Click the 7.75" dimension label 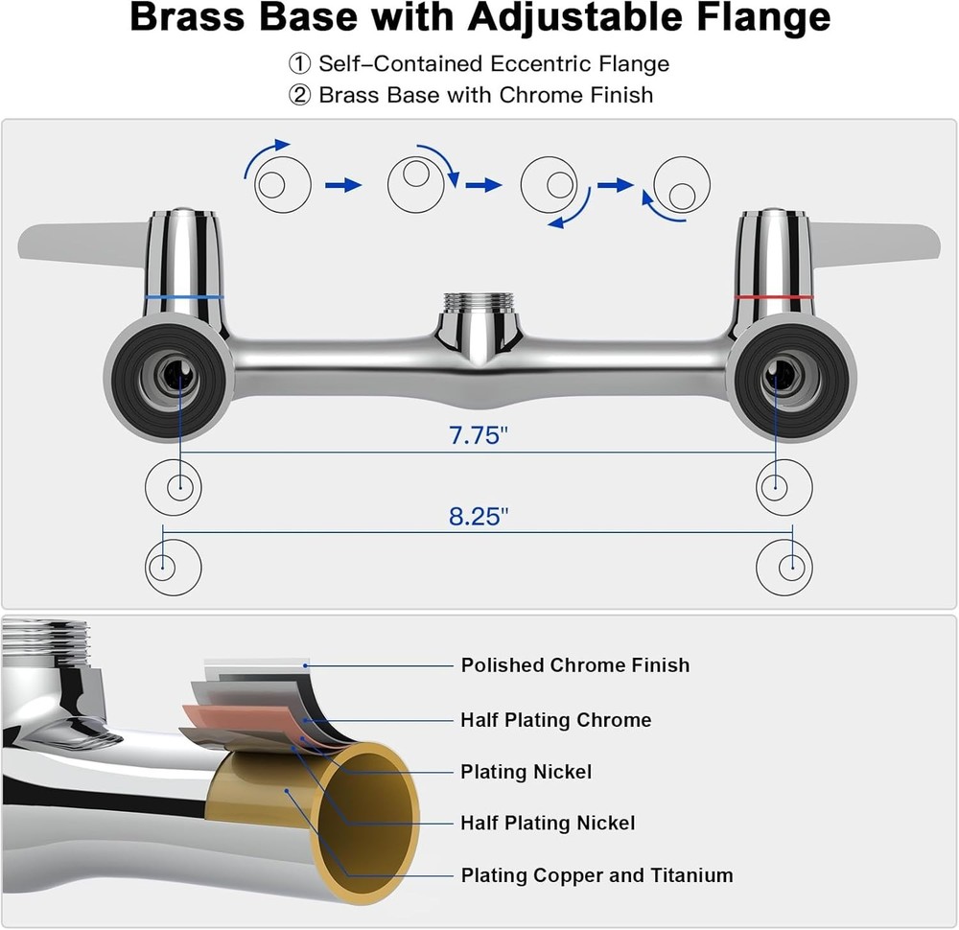tap(478, 436)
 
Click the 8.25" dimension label tap(478, 517)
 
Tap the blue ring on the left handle tap(184, 297)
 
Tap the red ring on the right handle tap(773, 299)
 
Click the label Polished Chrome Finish tap(574, 665)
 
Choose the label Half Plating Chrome tap(555, 720)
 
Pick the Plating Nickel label tap(526, 772)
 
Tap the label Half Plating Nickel tap(547, 823)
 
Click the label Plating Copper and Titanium tap(596, 875)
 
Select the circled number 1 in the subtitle tap(300, 64)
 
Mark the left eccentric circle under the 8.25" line tap(173, 568)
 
